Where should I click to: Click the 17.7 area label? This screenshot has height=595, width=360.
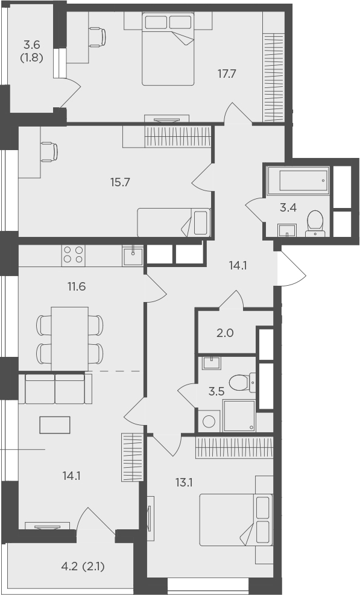227,74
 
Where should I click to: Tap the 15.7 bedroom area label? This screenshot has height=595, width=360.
121,183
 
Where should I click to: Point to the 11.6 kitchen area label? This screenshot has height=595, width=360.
77,286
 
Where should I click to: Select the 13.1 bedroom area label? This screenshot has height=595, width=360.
185,483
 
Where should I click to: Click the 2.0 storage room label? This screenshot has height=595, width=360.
224,333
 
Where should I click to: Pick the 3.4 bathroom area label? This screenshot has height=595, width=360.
288,207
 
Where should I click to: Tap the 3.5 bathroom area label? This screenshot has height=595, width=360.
216,392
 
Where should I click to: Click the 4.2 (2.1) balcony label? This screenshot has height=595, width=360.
83,567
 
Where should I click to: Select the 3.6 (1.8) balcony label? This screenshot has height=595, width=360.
32,51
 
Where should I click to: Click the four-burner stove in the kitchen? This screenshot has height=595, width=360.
74,255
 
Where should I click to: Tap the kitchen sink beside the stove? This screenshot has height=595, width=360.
133,256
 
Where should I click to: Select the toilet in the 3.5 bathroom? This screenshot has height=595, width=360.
242,382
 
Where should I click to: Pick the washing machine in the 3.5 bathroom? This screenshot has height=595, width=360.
209,421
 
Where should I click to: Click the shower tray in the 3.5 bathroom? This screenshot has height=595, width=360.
239,415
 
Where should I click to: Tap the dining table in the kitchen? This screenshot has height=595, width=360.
70,338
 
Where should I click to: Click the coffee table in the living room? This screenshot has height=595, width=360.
55,425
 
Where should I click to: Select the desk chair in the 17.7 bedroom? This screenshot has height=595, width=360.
98,37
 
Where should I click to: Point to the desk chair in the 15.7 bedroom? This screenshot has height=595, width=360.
49,152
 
